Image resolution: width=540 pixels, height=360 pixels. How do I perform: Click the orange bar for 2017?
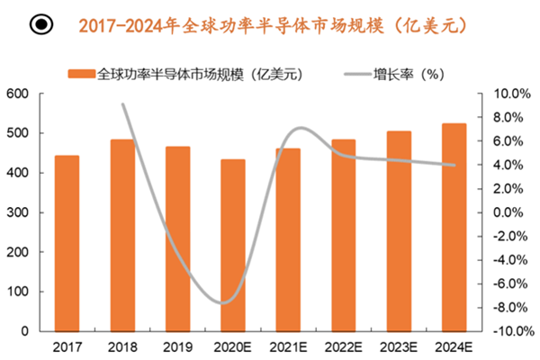67,243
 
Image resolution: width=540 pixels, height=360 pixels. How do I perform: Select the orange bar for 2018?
121,235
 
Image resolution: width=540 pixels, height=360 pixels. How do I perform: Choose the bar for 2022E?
343,235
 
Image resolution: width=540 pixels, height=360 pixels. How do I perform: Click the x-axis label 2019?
177,346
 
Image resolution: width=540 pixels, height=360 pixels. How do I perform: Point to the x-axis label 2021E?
288,346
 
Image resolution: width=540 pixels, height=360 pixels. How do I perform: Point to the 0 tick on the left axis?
27,331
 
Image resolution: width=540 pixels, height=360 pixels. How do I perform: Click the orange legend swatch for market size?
81,74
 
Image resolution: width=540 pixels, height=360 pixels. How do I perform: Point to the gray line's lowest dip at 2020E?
225,302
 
